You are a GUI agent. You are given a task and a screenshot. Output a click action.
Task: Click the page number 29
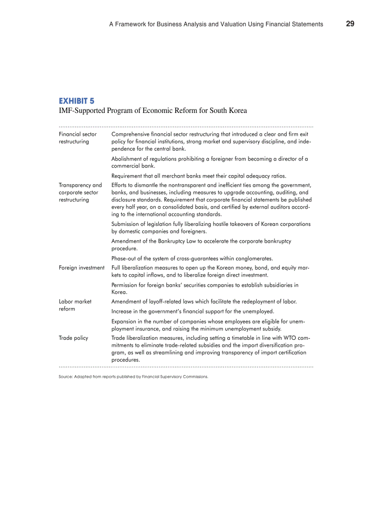[x=350, y=24]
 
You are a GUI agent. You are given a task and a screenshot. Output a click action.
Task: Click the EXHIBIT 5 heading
[x=76, y=100]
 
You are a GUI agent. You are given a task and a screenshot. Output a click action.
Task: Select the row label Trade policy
[x=73, y=338]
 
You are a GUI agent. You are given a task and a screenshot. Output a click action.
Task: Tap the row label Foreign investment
[x=82, y=268]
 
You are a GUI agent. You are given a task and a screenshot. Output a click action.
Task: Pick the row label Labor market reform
[x=75, y=305]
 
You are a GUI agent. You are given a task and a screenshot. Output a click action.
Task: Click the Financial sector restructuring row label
[x=78, y=138]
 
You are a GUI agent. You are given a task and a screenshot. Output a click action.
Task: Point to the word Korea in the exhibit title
[x=237, y=111]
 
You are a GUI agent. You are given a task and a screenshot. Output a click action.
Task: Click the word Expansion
[x=124, y=321]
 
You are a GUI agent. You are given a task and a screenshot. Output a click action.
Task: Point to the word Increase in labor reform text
[x=123, y=311]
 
